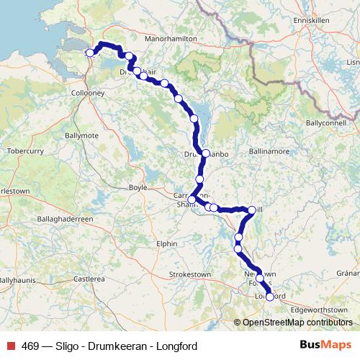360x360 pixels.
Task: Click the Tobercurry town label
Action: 24,151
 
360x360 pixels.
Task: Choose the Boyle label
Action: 137,187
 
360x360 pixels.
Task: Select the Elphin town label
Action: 166,244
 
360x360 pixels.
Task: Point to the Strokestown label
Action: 189,274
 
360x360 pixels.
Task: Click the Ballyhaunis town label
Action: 17,279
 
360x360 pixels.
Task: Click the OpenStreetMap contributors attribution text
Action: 297,323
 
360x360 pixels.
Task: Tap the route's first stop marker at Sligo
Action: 90,52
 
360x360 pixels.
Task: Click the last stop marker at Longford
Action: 270,296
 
